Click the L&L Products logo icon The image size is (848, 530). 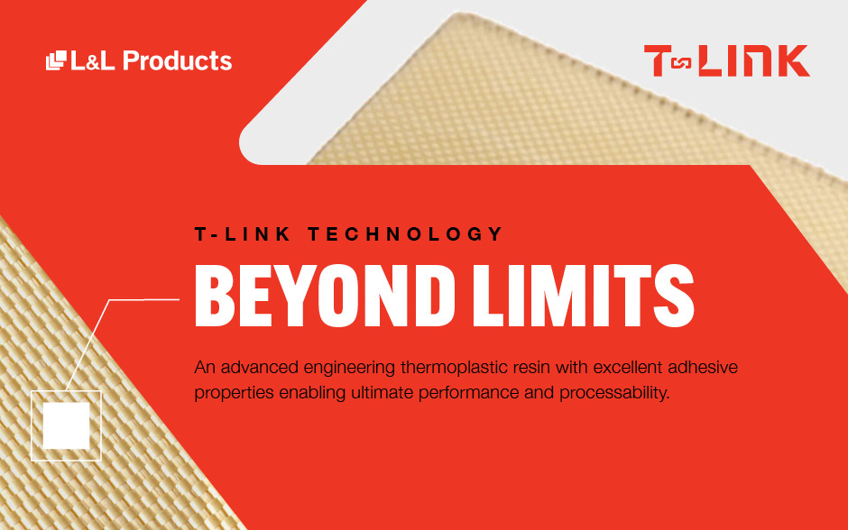[56, 60]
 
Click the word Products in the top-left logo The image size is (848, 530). [177, 61]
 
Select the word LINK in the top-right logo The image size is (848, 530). [755, 60]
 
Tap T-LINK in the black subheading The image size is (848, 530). [237, 234]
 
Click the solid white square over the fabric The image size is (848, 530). [66, 425]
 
